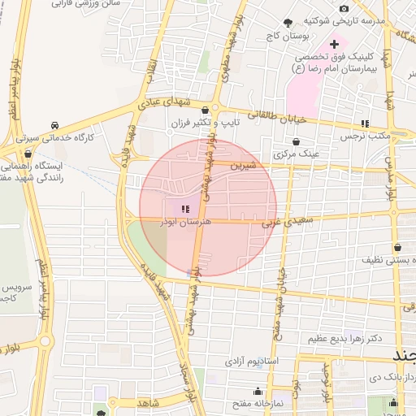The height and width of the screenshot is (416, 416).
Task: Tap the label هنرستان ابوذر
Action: coord(185,221)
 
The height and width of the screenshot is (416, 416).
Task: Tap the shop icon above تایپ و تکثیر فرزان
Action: coord(204,110)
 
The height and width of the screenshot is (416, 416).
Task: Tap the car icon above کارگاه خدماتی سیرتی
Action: coord(54,125)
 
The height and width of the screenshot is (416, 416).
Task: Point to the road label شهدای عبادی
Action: coord(162,102)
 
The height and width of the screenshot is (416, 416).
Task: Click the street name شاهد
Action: coord(148,402)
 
